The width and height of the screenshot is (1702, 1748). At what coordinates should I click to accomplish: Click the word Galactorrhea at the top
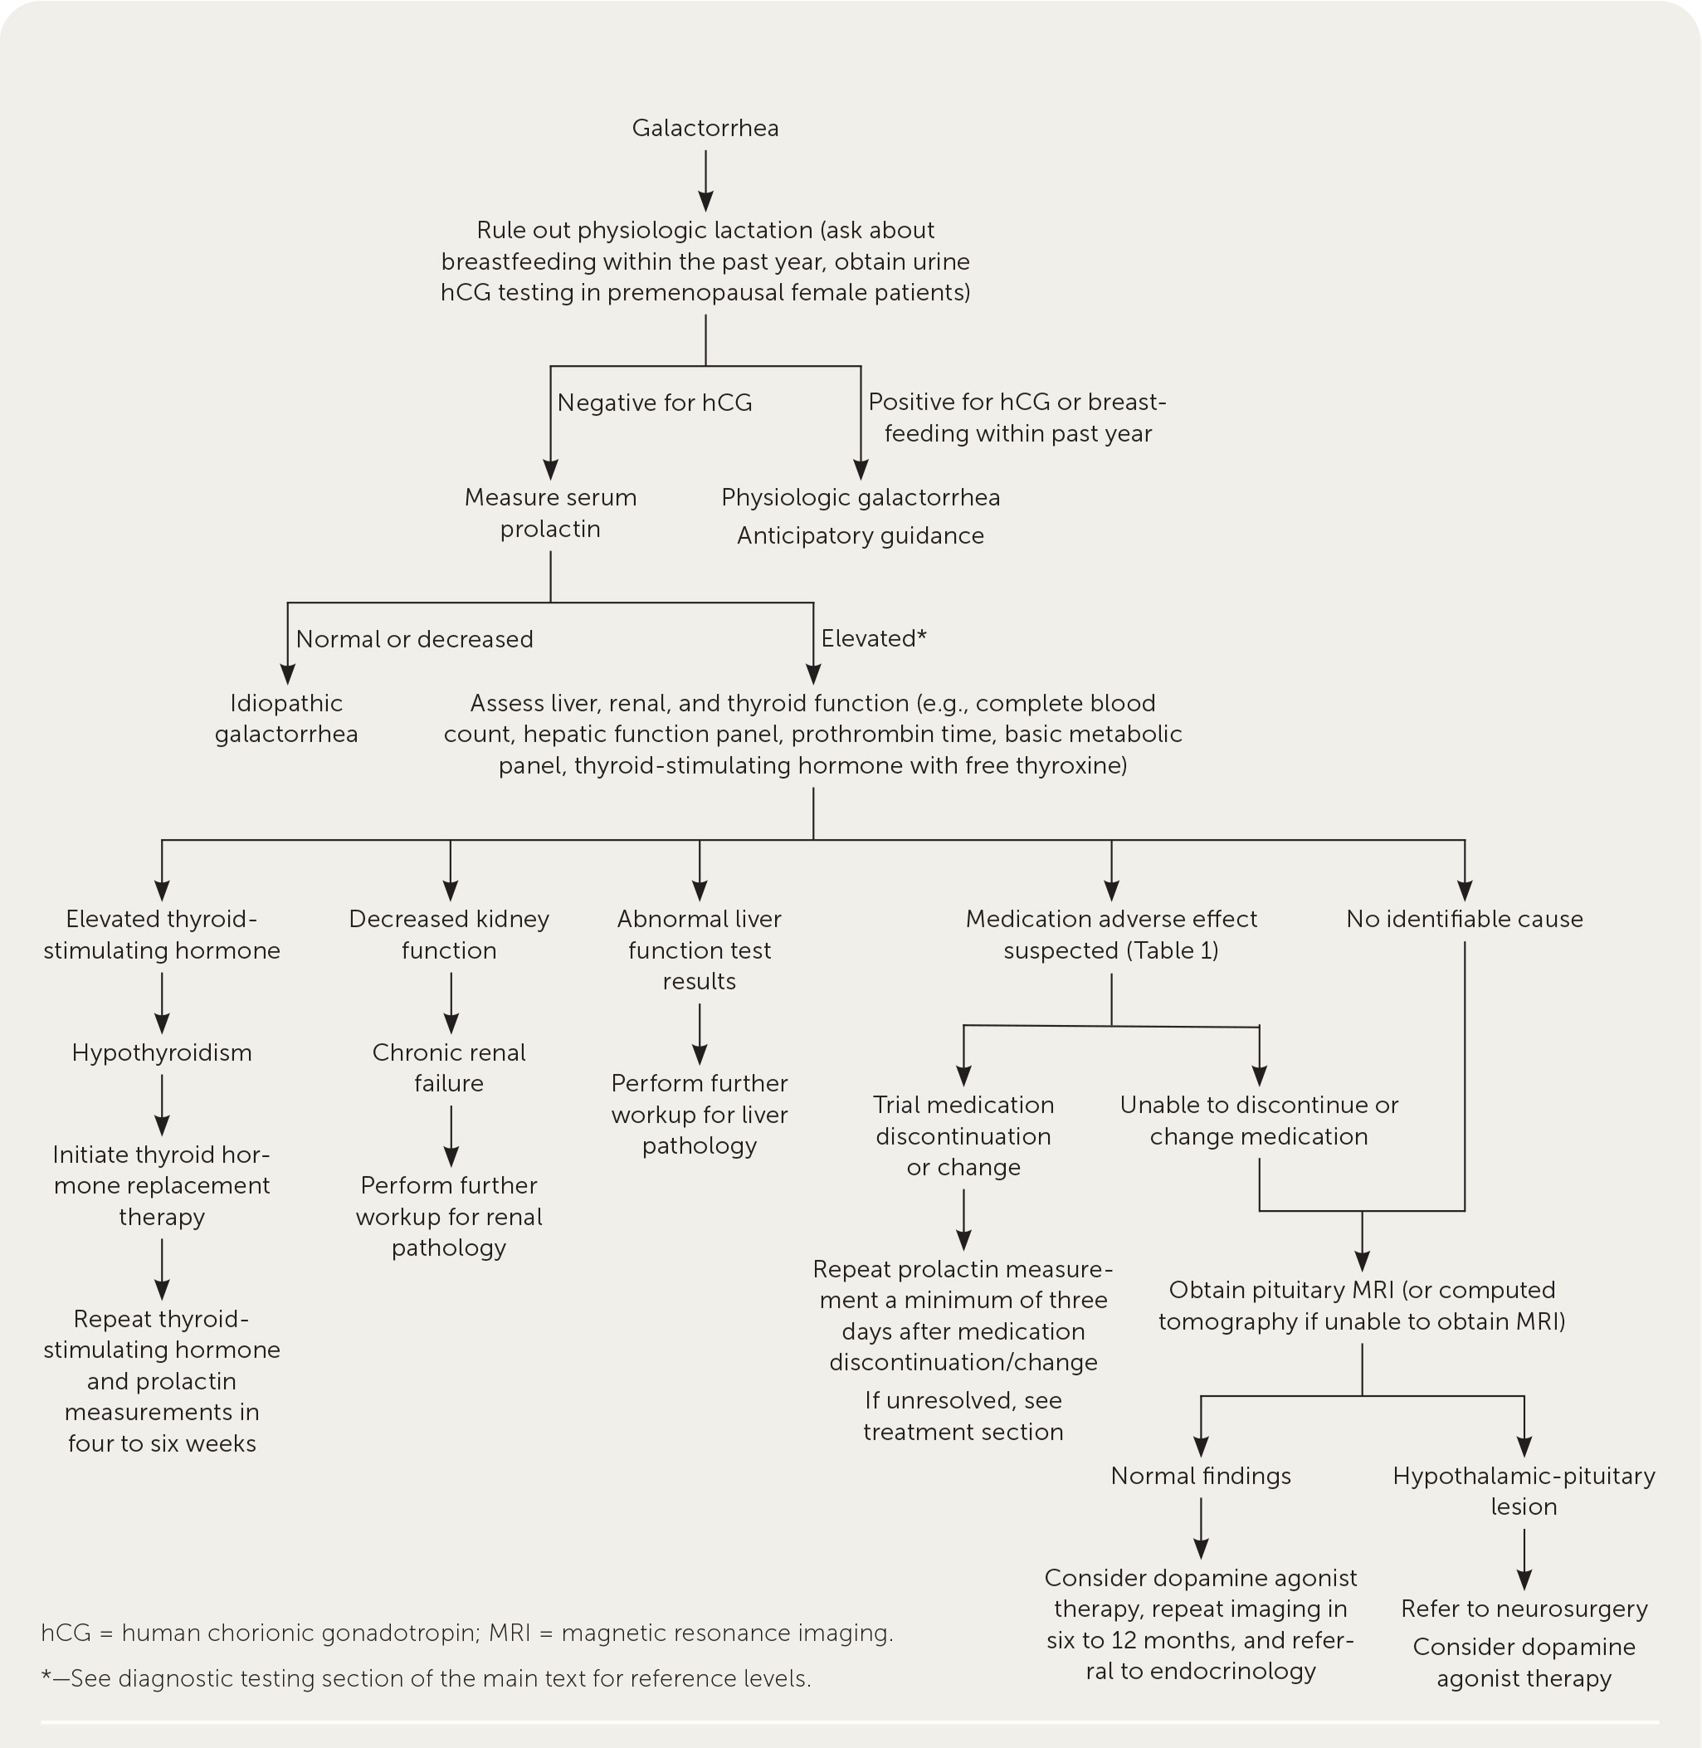coord(705,128)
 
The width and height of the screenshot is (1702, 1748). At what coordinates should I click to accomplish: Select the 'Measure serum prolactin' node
coord(549,512)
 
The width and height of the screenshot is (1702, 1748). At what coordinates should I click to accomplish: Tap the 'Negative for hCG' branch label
coord(655,403)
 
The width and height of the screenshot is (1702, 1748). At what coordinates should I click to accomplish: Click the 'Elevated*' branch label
coord(873,638)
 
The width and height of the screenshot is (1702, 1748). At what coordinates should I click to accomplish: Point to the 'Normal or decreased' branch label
coord(414,639)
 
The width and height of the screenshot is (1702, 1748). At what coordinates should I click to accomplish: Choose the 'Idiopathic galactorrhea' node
coord(286,718)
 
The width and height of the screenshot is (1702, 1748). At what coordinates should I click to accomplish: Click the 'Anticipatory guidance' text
coord(860,535)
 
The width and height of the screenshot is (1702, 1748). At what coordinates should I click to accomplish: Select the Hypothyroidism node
coord(162,1052)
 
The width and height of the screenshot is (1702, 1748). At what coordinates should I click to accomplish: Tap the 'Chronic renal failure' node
coord(449,1067)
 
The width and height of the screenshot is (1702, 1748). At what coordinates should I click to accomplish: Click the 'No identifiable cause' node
coord(1464,919)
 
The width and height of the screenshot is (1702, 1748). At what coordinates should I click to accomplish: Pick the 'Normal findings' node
coord(1201,1475)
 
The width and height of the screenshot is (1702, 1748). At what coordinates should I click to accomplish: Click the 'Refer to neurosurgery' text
coord(1524,1609)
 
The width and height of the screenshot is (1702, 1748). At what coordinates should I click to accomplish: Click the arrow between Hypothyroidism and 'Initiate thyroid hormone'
coord(162,1105)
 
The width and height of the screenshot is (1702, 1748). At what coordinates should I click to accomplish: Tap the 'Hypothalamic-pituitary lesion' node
coord(1524,1491)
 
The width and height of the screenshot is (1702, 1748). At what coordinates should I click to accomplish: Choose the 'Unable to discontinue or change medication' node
coord(1259,1121)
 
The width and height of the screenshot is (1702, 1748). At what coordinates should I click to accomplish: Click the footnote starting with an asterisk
coord(427,1678)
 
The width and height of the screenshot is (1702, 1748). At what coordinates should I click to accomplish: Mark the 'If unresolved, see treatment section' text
coord(963,1415)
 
